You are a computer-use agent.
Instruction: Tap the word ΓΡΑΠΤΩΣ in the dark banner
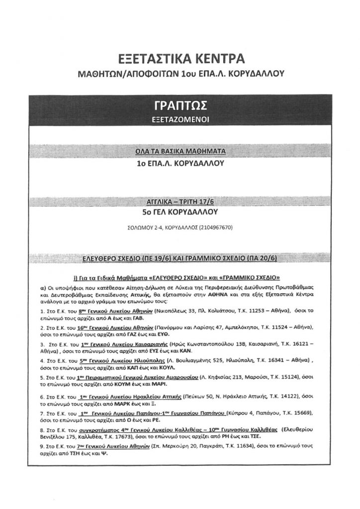[x=180, y=106]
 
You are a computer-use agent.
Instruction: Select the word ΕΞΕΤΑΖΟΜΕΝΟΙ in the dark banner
[x=180, y=120]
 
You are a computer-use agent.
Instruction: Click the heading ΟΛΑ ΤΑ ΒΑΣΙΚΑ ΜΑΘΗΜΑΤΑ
[x=180, y=151]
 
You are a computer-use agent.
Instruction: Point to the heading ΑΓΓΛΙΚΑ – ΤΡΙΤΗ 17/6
[x=180, y=202]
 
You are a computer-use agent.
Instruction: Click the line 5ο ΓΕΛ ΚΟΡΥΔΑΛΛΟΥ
[x=180, y=212]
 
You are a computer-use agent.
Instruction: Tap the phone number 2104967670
[x=216, y=228]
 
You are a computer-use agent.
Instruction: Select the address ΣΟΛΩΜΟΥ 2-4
[x=142, y=228]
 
